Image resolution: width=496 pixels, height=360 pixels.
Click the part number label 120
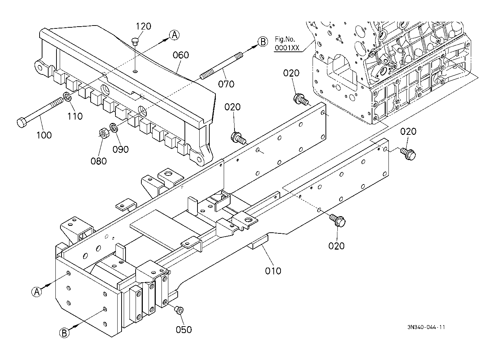tap(143, 26)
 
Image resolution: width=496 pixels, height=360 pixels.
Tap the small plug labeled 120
tap(135, 42)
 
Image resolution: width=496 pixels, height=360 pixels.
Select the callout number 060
tap(181, 55)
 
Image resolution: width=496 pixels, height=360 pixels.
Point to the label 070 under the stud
tap(226, 84)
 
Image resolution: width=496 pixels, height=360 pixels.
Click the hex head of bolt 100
tap(22, 122)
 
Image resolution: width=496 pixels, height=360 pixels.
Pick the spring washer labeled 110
tap(67, 96)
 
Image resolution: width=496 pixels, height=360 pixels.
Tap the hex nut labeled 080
tap(103, 134)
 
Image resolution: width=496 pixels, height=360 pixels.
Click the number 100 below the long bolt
tap(44, 135)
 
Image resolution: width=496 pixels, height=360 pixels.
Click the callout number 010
tap(273, 271)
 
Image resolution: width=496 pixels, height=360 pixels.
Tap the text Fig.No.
tap(285, 39)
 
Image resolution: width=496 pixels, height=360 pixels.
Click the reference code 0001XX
tap(287, 47)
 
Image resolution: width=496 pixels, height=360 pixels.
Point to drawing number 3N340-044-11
tap(426, 327)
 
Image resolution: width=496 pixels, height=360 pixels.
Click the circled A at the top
tap(174, 35)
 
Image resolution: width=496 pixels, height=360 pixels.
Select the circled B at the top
tap(263, 42)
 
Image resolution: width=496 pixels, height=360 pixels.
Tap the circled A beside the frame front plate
tap(37, 292)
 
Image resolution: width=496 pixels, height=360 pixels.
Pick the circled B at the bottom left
tap(64, 333)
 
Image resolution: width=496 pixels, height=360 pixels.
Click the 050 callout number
tap(183, 330)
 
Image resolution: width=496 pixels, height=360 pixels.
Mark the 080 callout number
tap(99, 161)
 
